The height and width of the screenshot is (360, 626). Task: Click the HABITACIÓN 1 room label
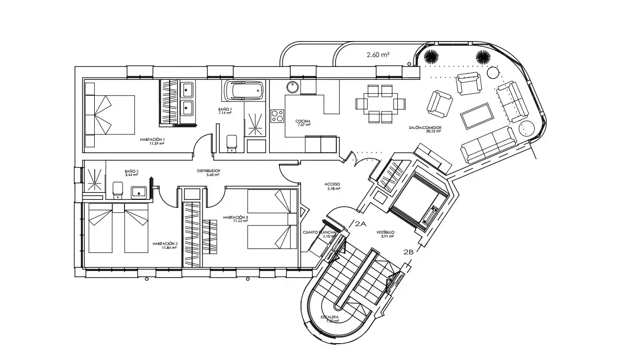coord(152,141)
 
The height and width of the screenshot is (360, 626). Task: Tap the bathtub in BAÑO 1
coord(243,91)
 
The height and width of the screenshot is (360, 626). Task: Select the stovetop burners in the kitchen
coord(277,116)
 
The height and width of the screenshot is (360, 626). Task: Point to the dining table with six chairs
coord(380,104)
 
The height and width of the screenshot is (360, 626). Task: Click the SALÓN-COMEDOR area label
coord(425,129)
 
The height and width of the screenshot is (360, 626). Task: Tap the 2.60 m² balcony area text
coord(378,55)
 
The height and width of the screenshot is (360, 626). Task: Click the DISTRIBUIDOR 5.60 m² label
coord(208,173)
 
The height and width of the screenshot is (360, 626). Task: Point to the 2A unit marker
coord(361,224)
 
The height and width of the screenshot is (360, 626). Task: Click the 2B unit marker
coord(408,252)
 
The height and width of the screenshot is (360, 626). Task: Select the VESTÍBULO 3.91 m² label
coord(385,234)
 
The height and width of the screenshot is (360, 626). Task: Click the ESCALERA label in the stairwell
coord(330,318)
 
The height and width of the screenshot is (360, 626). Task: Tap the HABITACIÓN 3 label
coord(235,219)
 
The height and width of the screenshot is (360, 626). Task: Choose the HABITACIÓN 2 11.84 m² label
coord(165,246)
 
